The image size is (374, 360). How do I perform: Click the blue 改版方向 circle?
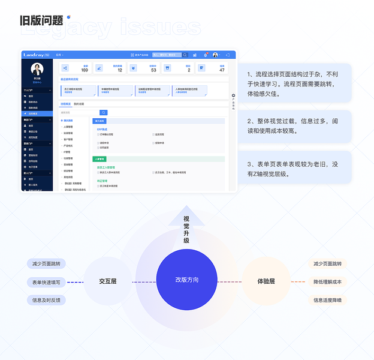186,281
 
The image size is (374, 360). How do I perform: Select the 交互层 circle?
108,281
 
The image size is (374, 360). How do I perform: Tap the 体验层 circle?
266,281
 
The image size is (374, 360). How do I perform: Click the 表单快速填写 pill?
46,282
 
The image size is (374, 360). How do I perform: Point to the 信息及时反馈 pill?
46,300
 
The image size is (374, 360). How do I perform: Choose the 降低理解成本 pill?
327,281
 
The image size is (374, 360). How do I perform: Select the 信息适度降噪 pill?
327,300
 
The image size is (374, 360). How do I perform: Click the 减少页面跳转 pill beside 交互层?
46,264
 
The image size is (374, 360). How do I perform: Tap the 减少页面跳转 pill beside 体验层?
327,263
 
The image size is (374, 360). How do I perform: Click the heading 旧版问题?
41,21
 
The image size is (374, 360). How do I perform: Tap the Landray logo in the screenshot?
34,55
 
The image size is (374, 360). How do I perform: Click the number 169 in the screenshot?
85,70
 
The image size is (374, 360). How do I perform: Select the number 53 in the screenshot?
153,70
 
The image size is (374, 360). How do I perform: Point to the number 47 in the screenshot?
222,70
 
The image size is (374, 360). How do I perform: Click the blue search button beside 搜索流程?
104,112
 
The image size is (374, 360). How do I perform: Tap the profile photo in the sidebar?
37,69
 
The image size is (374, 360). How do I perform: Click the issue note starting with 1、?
292,85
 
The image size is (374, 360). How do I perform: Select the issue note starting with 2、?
292,126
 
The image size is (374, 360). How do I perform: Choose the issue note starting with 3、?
292,169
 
